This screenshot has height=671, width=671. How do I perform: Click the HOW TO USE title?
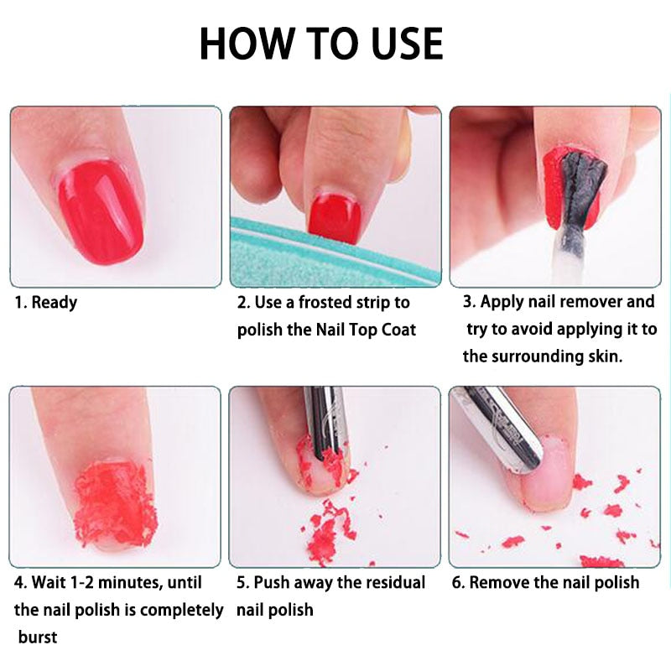(x=321, y=44)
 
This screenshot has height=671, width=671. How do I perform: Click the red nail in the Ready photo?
(x=100, y=211)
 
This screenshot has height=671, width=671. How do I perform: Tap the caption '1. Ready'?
(x=46, y=302)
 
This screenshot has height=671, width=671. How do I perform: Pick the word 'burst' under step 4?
(x=37, y=637)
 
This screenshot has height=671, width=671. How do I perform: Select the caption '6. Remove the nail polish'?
(x=545, y=582)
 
